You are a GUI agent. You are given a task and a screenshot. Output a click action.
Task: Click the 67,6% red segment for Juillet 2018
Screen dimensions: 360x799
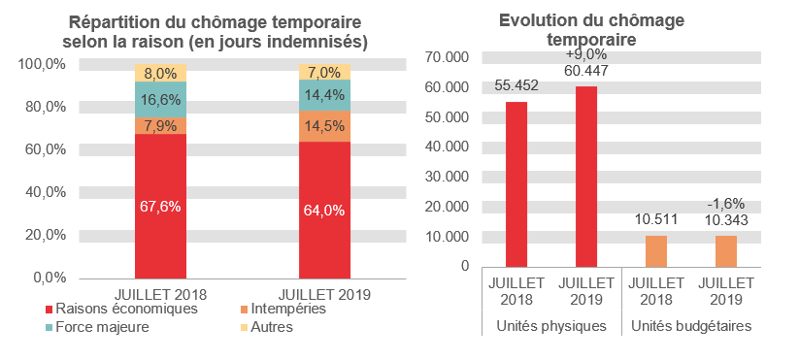(161, 206)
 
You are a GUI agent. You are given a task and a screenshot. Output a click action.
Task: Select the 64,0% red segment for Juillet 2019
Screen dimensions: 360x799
(324, 210)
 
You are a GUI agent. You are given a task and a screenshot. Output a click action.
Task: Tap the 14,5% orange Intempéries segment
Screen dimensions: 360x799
(324, 126)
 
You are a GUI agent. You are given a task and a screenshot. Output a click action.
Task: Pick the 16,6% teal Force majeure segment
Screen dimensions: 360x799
(161, 99)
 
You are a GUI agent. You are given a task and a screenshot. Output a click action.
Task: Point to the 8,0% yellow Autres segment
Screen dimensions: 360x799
(161, 73)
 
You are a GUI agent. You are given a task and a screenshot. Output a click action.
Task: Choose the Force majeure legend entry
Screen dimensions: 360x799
(103, 327)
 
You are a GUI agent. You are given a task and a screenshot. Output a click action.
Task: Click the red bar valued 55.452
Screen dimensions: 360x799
(516, 183)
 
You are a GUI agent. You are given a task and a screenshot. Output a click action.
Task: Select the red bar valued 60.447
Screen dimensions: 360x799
(585, 176)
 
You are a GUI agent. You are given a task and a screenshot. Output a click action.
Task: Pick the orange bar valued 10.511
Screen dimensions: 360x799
(656, 250)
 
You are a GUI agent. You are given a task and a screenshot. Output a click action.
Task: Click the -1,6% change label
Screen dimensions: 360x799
(724, 204)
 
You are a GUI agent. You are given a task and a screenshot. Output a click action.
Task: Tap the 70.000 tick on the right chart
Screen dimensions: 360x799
(449, 57)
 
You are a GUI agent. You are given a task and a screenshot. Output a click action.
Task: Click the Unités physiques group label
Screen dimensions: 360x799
(550, 327)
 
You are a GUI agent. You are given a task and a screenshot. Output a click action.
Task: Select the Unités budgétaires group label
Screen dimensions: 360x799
(690, 327)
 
